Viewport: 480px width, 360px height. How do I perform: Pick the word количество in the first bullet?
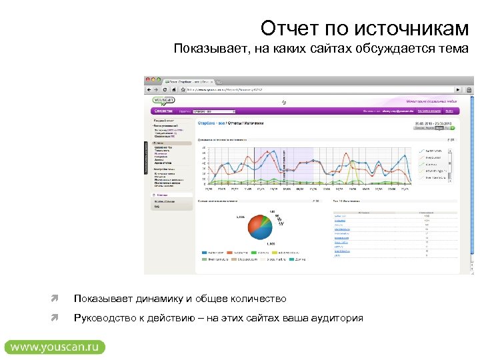point(259,299)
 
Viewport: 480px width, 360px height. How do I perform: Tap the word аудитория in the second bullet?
point(337,318)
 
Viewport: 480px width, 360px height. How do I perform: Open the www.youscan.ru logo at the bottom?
point(55,347)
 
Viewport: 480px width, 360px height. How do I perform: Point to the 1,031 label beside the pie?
point(240,217)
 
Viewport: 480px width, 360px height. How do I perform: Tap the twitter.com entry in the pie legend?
point(213,253)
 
